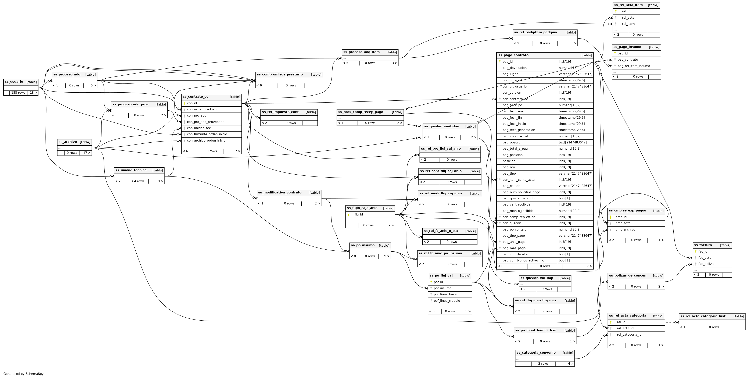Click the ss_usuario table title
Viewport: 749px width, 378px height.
click(x=14, y=82)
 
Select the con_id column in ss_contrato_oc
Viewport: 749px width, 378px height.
click(x=192, y=103)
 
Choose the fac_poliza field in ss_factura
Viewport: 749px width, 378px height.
click(x=706, y=264)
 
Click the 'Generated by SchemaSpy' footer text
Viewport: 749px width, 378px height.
click(x=24, y=374)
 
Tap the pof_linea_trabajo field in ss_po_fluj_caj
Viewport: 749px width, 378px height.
click(x=447, y=301)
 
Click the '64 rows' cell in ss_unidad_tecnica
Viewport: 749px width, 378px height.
click(x=138, y=181)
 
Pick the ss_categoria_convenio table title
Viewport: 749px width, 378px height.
click(x=536, y=353)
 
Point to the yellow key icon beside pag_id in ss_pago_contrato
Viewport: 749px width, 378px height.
click(x=500, y=62)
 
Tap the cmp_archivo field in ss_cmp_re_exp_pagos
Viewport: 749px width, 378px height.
click(x=625, y=230)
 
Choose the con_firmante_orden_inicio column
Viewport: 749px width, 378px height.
click(x=207, y=134)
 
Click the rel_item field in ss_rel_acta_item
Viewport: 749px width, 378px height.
click(x=628, y=24)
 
